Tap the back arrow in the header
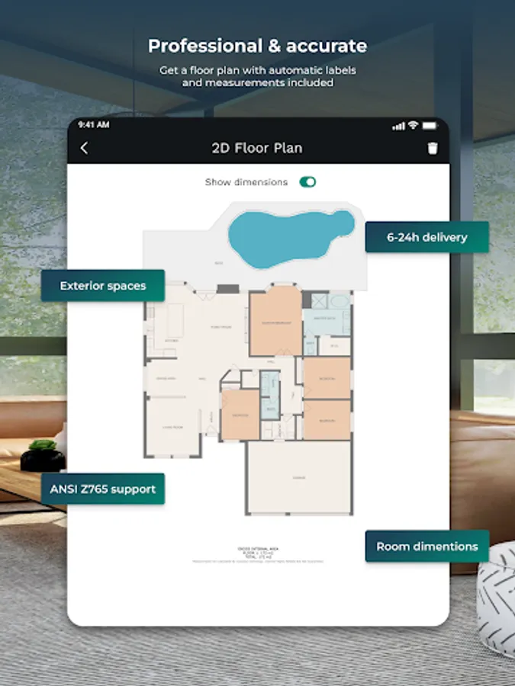point(84,149)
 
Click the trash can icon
point(433,149)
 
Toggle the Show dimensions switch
point(307,182)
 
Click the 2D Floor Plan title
point(257,148)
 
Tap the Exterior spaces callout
point(103,286)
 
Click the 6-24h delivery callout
point(426,237)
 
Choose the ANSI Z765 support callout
point(103,489)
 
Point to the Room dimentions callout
point(427,547)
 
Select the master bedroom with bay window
point(275,324)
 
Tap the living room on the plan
point(173,428)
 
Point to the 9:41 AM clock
point(93,124)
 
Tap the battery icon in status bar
point(430,125)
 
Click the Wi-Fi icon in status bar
point(413,125)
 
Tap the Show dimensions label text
point(246,182)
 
